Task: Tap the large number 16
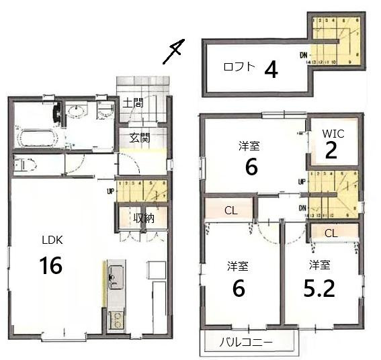[x=51, y=266]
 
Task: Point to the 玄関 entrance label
[x=139, y=138]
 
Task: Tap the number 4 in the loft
[x=271, y=69]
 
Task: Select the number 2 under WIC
[x=331, y=151]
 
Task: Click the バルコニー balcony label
[x=247, y=343]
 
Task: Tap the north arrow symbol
[x=174, y=52]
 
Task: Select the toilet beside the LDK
[x=24, y=163]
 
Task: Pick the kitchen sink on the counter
[x=115, y=275]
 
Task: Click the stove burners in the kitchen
[x=115, y=319]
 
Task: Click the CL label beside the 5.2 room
[x=331, y=233]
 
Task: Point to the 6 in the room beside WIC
[x=251, y=167]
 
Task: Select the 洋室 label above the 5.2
[x=319, y=265]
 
